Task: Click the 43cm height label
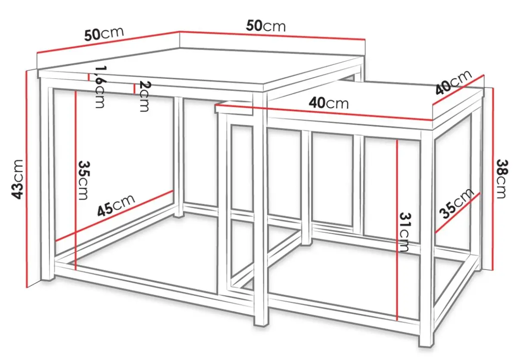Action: (17, 179)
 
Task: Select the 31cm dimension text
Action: (405, 232)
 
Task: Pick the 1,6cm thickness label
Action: (100, 87)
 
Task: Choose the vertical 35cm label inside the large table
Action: (83, 180)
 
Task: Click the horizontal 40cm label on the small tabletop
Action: (329, 103)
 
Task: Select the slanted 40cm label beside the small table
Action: (453, 82)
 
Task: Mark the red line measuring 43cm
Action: (27, 179)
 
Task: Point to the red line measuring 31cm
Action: (397, 230)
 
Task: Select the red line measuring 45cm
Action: (115, 216)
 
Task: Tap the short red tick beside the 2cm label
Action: (134, 89)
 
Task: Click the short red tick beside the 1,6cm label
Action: (88, 77)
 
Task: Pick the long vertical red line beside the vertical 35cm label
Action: (75, 180)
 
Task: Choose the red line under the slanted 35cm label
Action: (458, 213)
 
